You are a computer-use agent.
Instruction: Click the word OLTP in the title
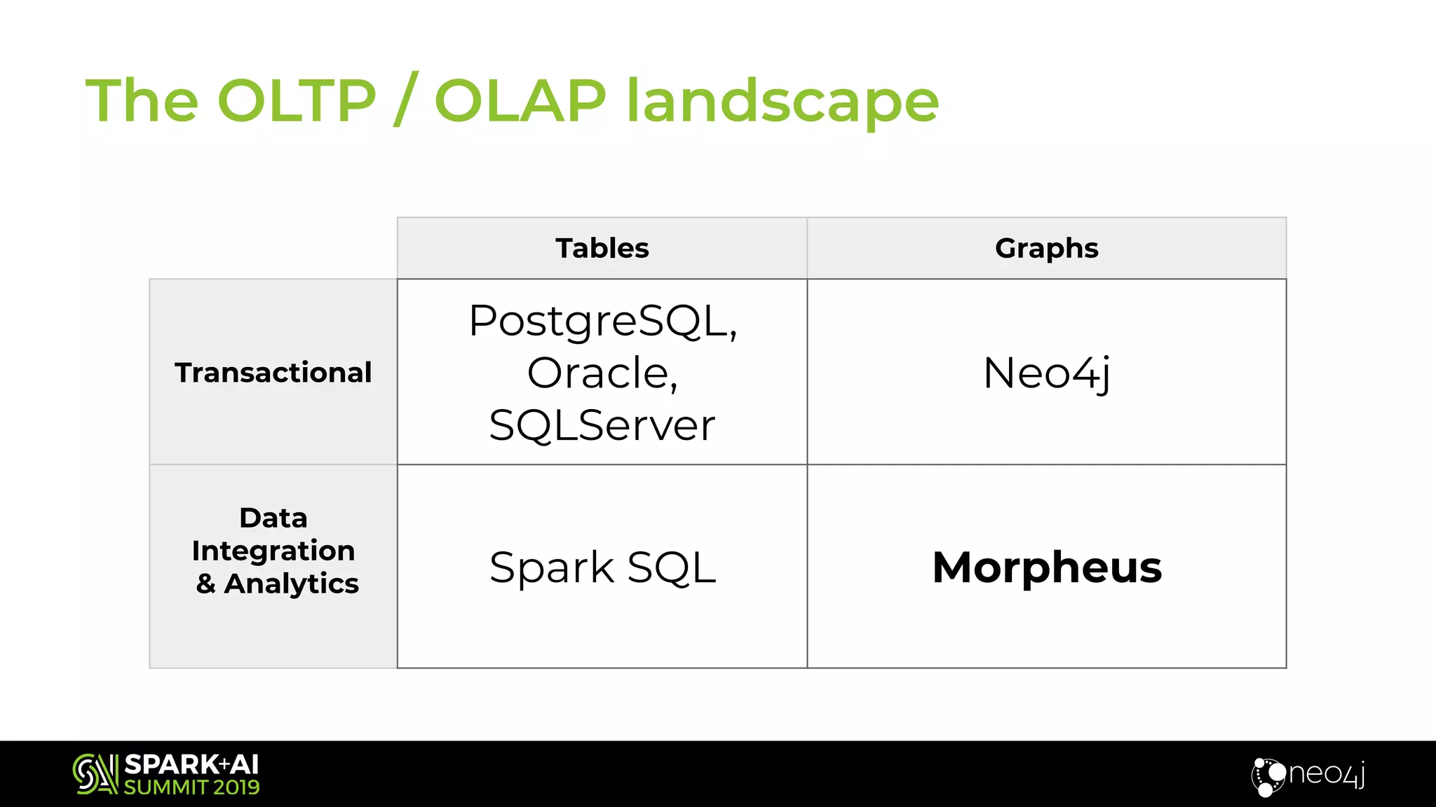click(297, 101)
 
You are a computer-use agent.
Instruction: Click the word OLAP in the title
click(520, 101)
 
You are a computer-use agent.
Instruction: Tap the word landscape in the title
click(782, 102)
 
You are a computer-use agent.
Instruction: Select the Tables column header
click(602, 248)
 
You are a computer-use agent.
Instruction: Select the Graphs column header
click(1046, 248)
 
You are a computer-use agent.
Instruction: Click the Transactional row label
click(273, 372)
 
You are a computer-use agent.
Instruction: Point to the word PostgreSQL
click(602, 321)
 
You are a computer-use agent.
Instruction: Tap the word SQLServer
click(602, 425)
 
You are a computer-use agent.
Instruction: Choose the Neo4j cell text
click(1046, 373)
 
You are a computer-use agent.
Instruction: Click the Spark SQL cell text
click(602, 567)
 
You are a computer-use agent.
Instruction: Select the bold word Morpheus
click(1046, 567)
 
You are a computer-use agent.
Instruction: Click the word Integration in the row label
click(273, 551)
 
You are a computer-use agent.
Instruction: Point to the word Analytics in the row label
click(291, 583)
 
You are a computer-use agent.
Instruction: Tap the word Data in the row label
click(273, 518)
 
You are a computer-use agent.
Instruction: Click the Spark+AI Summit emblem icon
click(95, 773)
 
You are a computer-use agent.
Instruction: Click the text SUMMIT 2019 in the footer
click(191, 787)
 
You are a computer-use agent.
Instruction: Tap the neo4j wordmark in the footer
click(1325, 773)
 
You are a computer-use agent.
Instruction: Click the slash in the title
click(406, 99)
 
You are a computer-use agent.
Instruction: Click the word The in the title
click(142, 101)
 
